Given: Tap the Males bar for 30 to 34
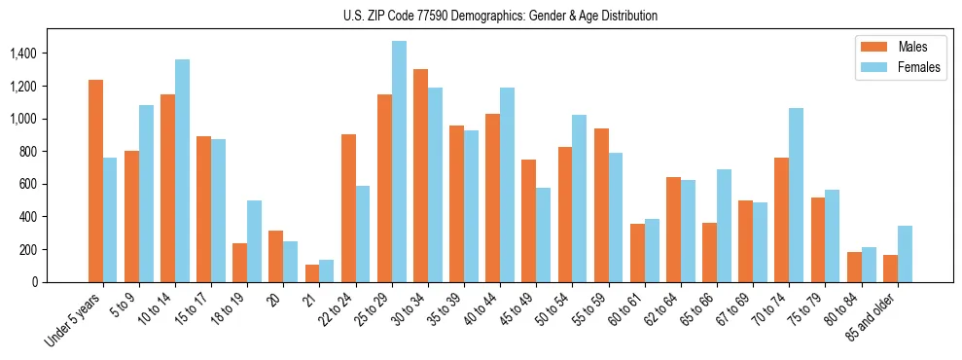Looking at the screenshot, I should [x=420, y=175].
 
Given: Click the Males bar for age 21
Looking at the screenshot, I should [x=312, y=273].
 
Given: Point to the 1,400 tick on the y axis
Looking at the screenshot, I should [x=24, y=54].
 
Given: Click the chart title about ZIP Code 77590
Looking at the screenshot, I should [x=500, y=16].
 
